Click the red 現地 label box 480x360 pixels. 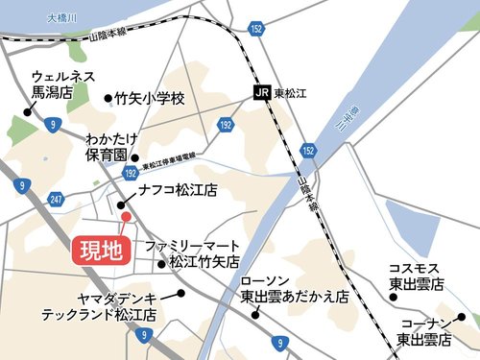click(100, 252)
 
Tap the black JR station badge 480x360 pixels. click(260, 93)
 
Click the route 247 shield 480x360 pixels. click(56, 199)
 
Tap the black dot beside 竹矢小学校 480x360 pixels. click(107, 97)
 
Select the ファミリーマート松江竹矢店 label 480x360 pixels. click(192, 253)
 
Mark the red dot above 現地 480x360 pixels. click(124, 217)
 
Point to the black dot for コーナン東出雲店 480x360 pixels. click(462, 318)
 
